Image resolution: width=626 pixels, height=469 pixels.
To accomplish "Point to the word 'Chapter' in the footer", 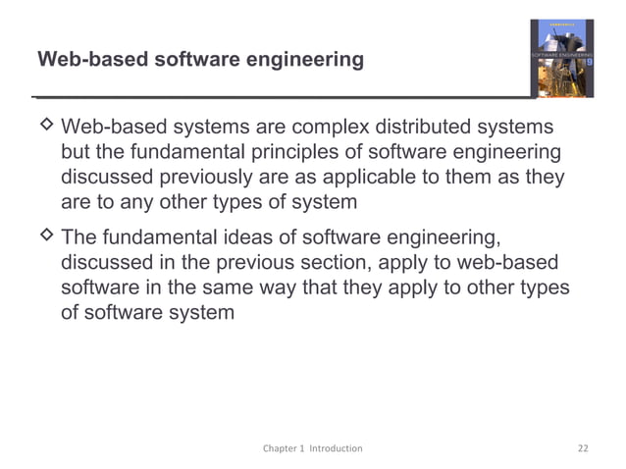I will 282,448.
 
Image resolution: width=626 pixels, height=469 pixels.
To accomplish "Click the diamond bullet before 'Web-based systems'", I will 45,128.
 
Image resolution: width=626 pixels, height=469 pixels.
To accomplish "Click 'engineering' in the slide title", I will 304,61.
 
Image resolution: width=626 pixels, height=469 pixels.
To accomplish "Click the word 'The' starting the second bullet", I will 79,239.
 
